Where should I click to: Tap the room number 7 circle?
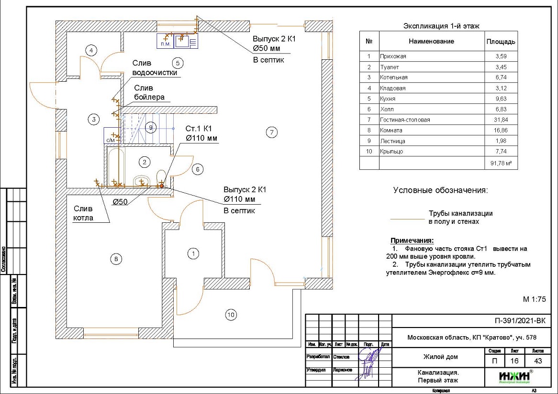click(x=271, y=132)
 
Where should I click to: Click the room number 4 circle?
click(x=91, y=50)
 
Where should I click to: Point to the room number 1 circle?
click(x=193, y=253)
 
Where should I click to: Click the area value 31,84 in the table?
click(x=501, y=120)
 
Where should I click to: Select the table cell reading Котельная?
click(x=394, y=77)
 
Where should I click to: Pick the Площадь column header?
click(x=501, y=42)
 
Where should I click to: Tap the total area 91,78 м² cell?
click(x=501, y=164)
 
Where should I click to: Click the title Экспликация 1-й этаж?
click(x=441, y=26)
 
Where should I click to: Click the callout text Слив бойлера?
click(x=149, y=92)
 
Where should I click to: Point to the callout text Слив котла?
click(x=83, y=213)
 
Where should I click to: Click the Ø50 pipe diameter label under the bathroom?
click(x=120, y=202)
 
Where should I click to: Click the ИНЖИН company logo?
click(x=508, y=377)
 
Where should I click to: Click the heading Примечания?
click(x=412, y=240)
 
